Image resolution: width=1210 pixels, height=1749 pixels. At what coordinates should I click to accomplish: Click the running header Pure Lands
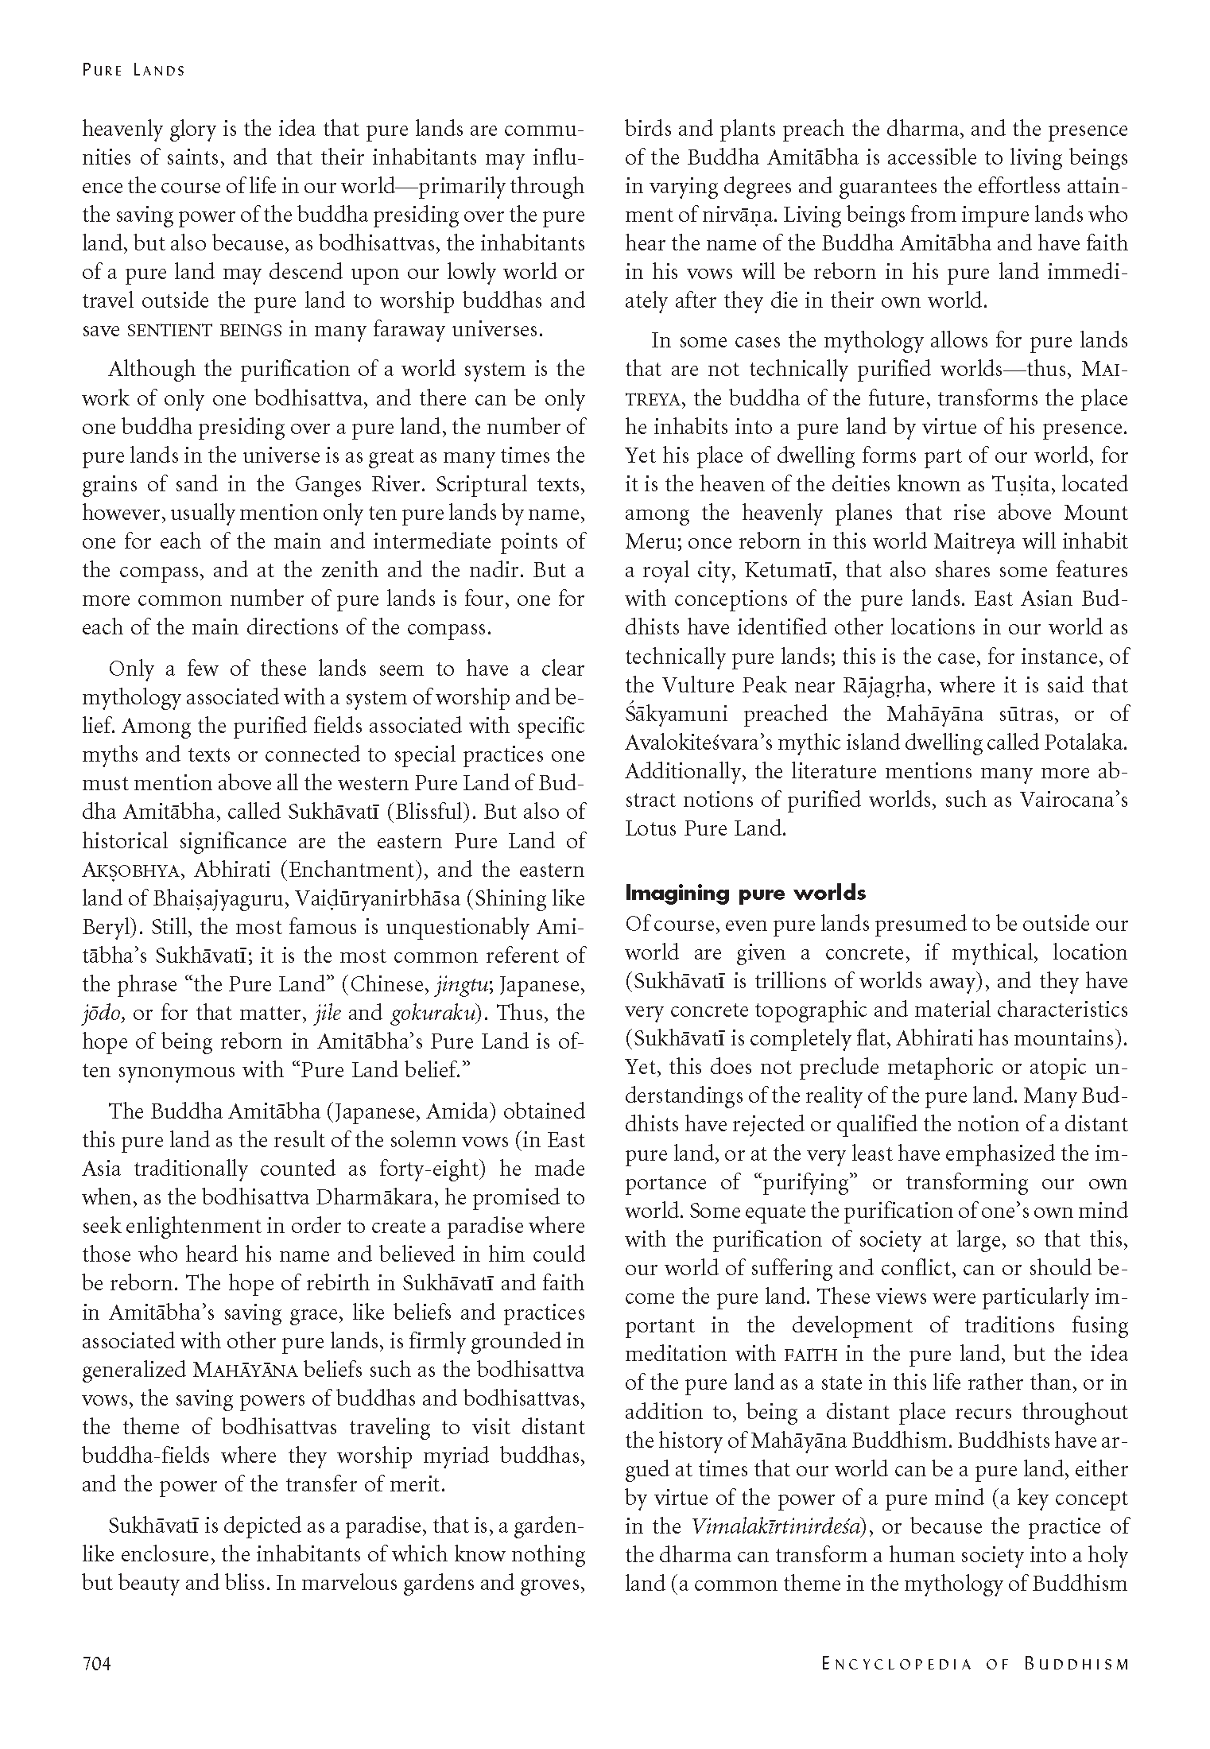coord(133,70)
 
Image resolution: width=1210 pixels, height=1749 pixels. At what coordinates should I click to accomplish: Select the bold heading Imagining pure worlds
coord(745,893)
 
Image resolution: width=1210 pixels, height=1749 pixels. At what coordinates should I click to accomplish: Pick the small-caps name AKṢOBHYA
coord(127,871)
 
